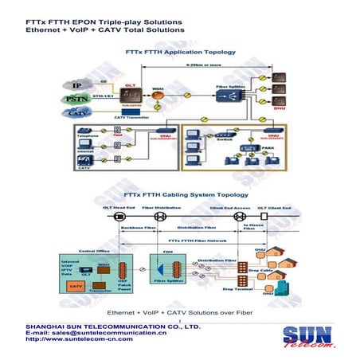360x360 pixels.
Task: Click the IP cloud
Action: tap(75, 84)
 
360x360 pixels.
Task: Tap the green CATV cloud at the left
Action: tap(75, 114)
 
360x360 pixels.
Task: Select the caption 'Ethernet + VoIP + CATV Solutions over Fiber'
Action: tap(179, 311)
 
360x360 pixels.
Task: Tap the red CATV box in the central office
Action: tap(76, 284)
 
